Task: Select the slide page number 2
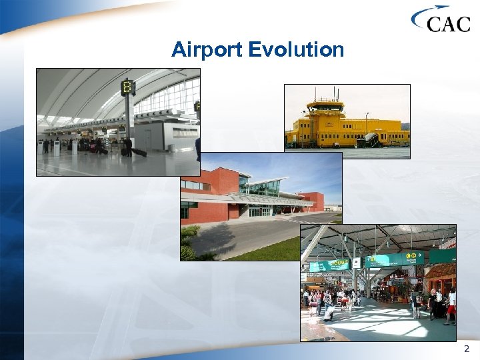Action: click(x=466, y=349)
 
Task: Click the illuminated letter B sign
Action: click(x=127, y=87)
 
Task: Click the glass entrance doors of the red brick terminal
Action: click(x=260, y=211)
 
